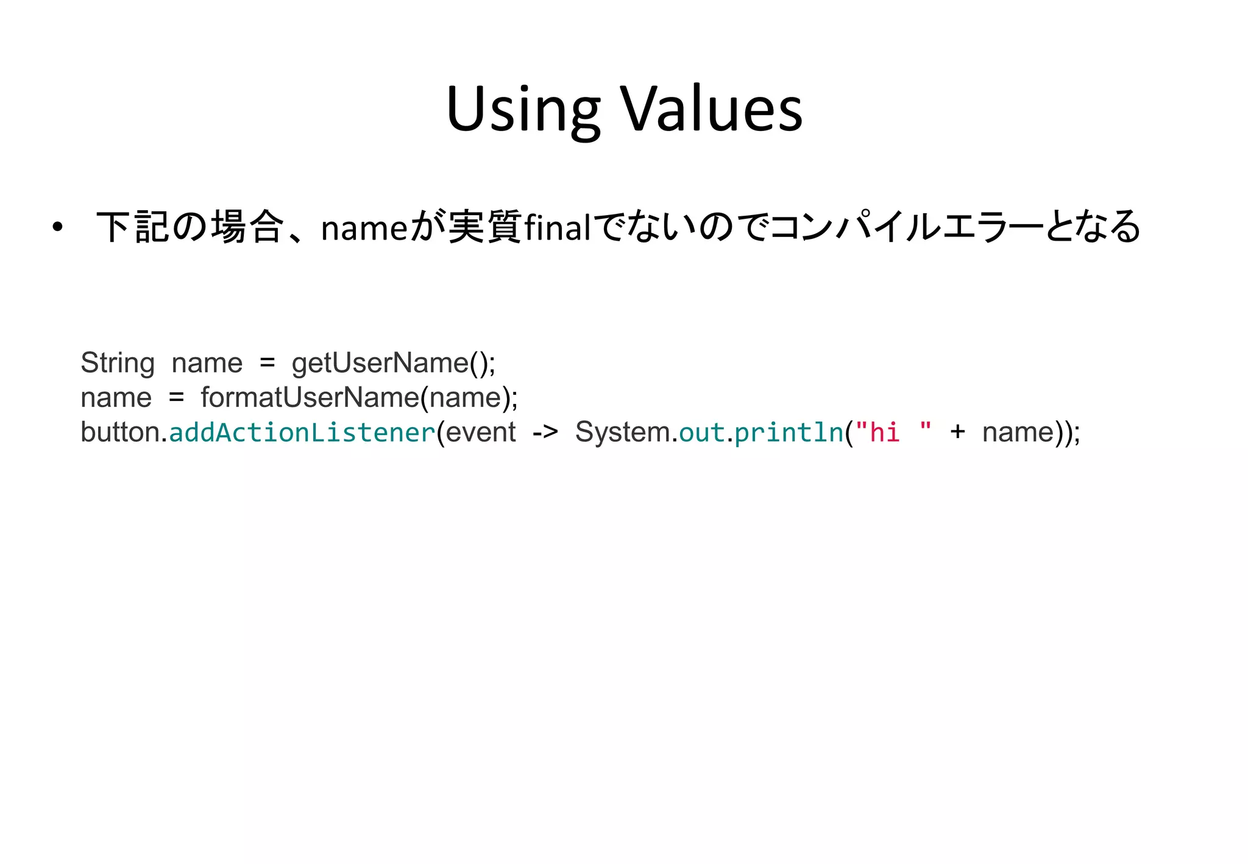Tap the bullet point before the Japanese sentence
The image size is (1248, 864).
(x=57, y=228)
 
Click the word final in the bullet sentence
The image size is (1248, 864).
(x=557, y=228)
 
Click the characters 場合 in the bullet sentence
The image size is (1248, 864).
(x=247, y=227)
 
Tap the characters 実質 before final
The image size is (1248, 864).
(x=485, y=227)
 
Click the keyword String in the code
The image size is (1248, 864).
(x=118, y=363)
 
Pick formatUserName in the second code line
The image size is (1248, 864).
(x=310, y=398)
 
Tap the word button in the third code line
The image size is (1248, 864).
(x=120, y=432)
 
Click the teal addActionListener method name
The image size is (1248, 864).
(x=302, y=433)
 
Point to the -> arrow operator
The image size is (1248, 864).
(x=545, y=433)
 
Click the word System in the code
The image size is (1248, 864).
(x=623, y=433)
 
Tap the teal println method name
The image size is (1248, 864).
(x=789, y=433)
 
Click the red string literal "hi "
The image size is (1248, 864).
(x=893, y=432)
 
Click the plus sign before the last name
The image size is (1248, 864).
(x=957, y=432)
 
